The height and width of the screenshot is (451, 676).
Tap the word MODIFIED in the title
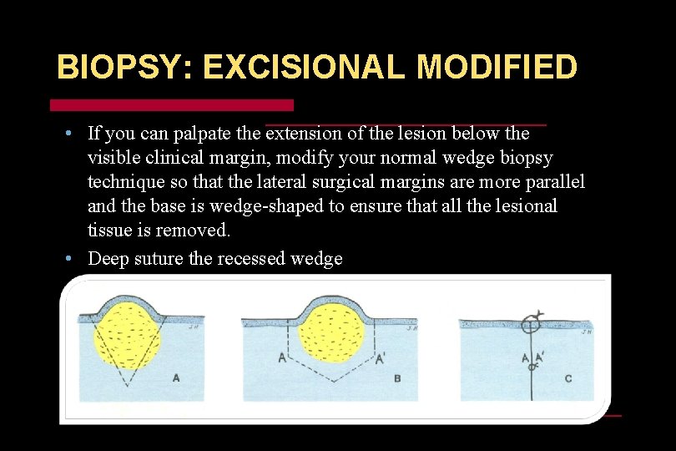497,68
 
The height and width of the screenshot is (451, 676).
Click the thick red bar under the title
172,105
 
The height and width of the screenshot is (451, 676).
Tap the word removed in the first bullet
199,230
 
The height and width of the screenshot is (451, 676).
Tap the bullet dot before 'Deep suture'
70,258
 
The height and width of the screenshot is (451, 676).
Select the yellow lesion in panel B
332,334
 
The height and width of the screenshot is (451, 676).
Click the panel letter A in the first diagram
175,378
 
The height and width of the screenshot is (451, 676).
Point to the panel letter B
397,378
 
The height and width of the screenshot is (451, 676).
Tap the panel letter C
568,378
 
